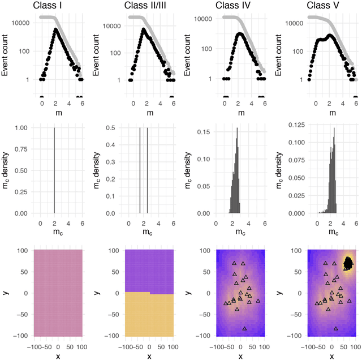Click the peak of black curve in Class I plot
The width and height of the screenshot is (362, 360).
click(55, 29)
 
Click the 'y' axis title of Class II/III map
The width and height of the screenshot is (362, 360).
click(98, 293)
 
